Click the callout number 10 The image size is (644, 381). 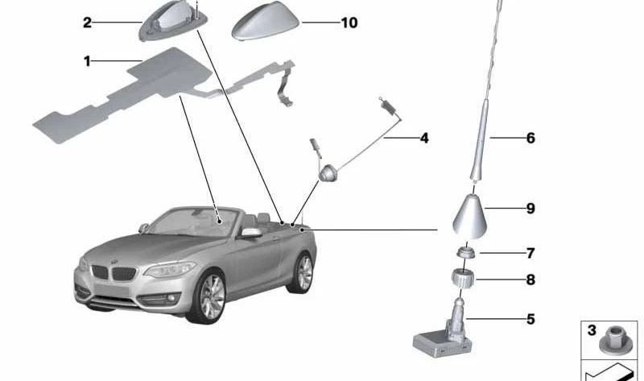349,23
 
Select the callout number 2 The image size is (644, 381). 87,23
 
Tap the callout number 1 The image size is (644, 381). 87,62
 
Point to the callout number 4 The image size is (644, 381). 424,138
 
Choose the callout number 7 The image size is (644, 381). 530,253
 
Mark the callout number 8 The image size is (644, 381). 530,280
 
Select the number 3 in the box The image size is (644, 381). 592,330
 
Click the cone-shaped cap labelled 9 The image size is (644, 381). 470,216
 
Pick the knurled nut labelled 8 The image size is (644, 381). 462,277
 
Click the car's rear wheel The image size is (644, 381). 303,273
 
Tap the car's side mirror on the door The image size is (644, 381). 250,233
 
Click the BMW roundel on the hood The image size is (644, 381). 114,262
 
